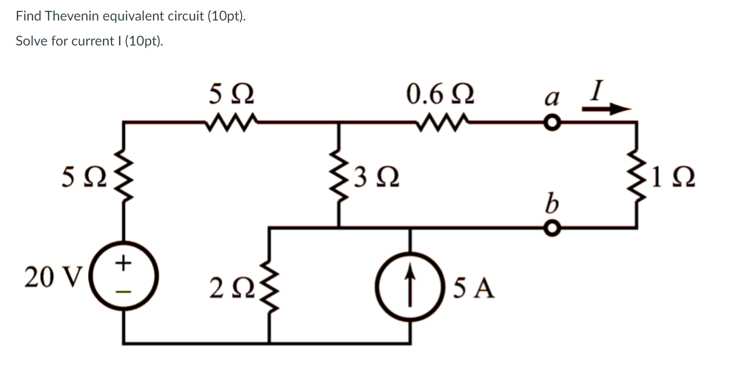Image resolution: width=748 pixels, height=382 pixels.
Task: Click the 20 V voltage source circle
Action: click(x=124, y=276)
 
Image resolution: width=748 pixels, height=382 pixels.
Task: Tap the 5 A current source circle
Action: click(x=411, y=286)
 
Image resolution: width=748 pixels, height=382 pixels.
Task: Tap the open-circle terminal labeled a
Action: click(x=551, y=122)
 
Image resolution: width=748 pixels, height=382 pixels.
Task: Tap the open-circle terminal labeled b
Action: click(x=551, y=228)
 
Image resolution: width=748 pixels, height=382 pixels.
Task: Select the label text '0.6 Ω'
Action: click(x=440, y=94)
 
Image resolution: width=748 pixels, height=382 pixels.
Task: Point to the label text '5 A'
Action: click(x=474, y=288)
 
